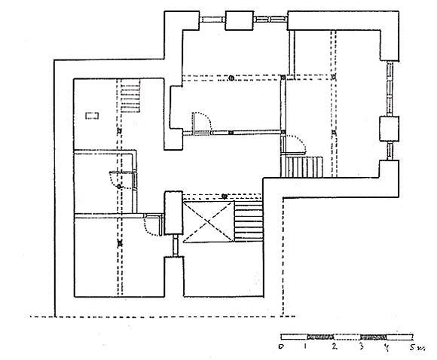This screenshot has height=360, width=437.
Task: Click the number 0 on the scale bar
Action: (x=281, y=347)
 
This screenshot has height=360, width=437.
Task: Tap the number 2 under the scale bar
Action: (x=335, y=346)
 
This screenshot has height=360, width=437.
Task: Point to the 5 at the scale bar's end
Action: (x=413, y=347)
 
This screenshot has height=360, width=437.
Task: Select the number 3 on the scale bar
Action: (x=361, y=346)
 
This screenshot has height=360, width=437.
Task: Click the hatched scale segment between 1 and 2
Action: (x=320, y=337)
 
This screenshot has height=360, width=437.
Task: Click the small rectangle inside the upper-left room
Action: (x=92, y=115)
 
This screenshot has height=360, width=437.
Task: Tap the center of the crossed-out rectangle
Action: (x=208, y=221)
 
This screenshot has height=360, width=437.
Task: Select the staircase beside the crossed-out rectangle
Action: (x=249, y=221)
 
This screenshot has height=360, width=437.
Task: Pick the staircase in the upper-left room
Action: (x=130, y=96)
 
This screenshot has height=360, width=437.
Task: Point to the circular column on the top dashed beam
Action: (x=231, y=78)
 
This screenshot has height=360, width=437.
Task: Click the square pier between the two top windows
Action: (x=240, y=20)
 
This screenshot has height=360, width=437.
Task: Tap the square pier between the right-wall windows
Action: (x=389, y=129)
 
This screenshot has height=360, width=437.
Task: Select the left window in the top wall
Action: (x=212, y=20)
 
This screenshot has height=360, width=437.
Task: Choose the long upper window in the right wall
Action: (x=390, y=88)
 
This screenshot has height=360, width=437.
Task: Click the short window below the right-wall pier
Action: (x=390, y=151)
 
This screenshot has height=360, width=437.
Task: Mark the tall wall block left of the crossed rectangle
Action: (x=173, y=212)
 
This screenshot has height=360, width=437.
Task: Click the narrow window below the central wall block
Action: (x=176, y=246)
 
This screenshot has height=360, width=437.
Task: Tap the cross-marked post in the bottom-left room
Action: (x=120, y=243)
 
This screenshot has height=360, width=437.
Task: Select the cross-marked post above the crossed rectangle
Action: (x=225, y=197)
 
